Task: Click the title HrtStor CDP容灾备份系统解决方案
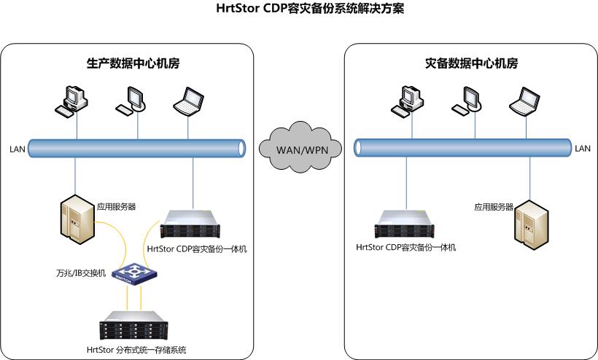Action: click(x=300, y=9)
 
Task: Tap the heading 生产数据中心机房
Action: click(x=128, y=63)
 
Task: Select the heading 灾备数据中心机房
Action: click(x=471, y=63)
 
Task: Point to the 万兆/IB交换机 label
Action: click(x=81, y=273)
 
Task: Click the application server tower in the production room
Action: click(x=77, y=219)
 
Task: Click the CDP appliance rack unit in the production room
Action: click(x=193, y=224)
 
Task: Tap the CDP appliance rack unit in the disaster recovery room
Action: click(x=405, y=224)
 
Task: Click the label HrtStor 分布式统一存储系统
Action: click(x=136, y=351)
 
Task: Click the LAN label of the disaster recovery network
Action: click(x=582, y=149)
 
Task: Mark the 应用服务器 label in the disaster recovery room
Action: click(x=494, y=207)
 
